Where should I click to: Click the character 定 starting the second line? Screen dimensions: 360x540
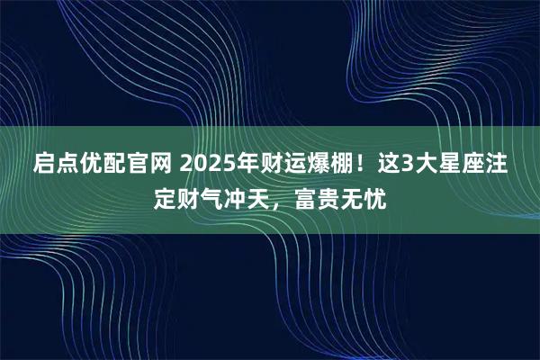pyautogui.click(x=165, y=196)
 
